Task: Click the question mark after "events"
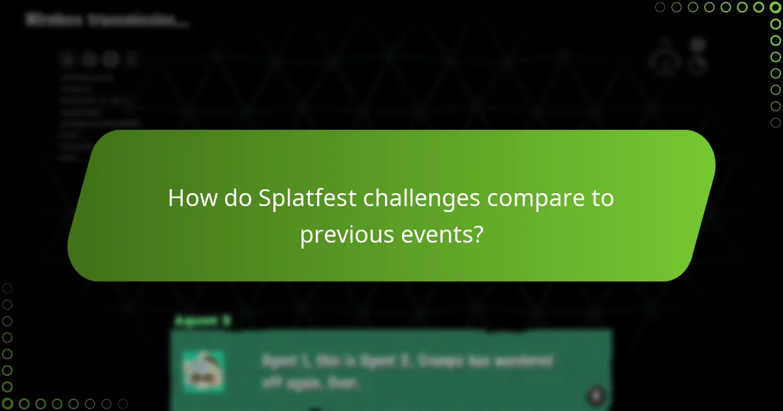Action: point(478,234)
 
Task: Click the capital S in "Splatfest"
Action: point(264,198)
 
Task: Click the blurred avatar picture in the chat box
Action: point(203,371)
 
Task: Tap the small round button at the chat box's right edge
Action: point(595,395)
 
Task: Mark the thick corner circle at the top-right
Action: point(775,7)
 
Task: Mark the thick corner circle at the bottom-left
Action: point(7,404)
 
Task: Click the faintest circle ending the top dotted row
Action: point(660,7)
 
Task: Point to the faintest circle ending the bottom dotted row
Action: point(122,404)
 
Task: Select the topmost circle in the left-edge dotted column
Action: point(7,288)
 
